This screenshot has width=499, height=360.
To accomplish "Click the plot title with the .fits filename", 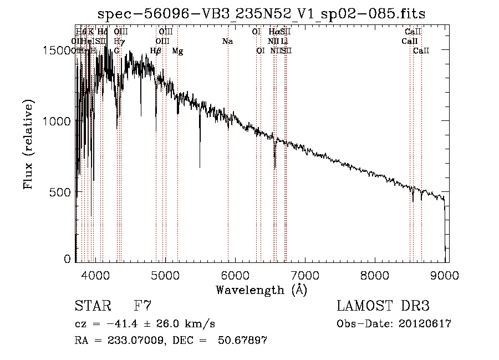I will (261, 14).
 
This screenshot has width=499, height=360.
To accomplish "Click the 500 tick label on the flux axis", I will (60, 192).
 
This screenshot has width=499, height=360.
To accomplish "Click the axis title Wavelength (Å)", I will (261, 290).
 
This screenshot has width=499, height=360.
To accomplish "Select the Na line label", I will (227, 41).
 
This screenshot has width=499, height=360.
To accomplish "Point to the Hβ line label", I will (156, 51).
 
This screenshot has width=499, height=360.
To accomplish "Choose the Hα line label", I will (274, 32).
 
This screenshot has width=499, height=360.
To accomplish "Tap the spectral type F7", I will (142, 306).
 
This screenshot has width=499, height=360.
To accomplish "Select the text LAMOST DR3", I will (383, 306).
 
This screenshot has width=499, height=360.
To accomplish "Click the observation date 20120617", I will (427, 324).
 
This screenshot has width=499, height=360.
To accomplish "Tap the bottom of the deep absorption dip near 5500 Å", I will (200, 166).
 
